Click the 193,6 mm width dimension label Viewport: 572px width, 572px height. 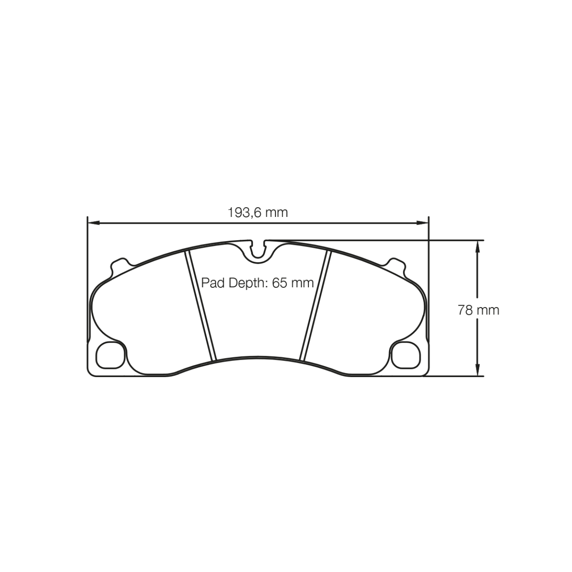258,212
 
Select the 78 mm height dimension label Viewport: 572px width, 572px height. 478,310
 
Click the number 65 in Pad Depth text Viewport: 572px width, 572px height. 279,283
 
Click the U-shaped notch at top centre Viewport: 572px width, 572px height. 258,250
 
